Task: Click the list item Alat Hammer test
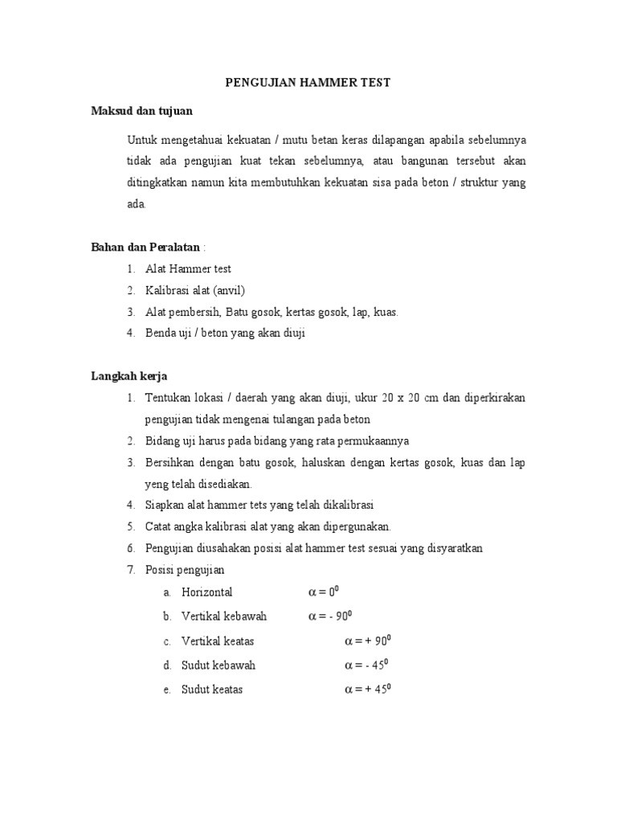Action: point(188,268)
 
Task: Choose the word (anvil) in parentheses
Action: point(228,290)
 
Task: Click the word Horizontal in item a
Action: point(207,592)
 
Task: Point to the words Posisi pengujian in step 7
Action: point(185,570)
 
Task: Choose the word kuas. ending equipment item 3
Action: point(385,312)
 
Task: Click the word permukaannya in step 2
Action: point(377,441)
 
